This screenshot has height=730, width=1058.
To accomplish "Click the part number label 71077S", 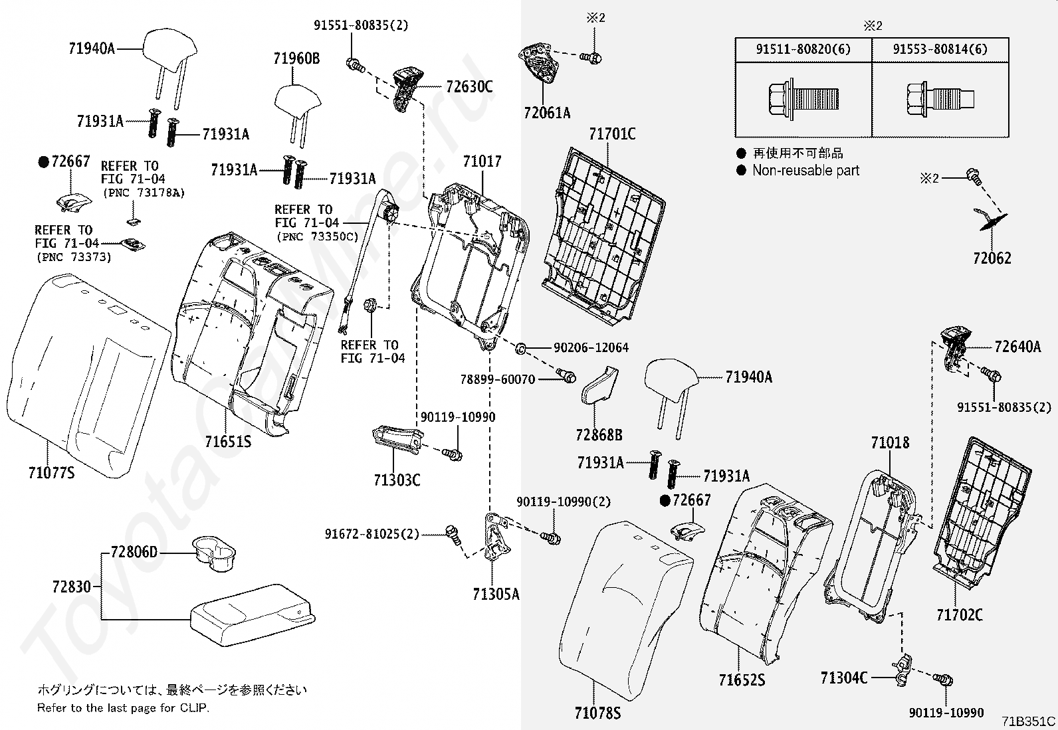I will click(51, 473).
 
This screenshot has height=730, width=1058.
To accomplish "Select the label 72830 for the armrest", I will click(71, 587).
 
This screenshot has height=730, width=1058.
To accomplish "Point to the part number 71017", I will click(482, 161).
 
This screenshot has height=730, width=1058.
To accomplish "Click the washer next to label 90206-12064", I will click(522, 347).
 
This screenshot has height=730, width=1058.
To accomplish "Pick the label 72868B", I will click(599, 435).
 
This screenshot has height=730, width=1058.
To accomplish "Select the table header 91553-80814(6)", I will click(940, 49).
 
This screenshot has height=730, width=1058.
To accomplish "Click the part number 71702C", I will click(959, 615).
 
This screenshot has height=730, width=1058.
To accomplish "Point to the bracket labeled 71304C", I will click(902, 670).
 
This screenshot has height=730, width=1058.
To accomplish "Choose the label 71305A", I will click(496, 594).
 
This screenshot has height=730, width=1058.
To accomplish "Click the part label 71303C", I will click(397, 480).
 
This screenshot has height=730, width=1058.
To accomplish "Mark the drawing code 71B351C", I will click(1029, 721).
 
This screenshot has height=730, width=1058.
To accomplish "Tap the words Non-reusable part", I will click(805, 171).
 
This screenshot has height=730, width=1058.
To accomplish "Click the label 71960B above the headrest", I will click(296, 59).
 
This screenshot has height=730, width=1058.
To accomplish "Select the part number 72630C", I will click(469, 86).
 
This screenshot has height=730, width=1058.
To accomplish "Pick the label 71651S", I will click(228, 441).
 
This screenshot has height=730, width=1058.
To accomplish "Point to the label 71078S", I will click(597, 713).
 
